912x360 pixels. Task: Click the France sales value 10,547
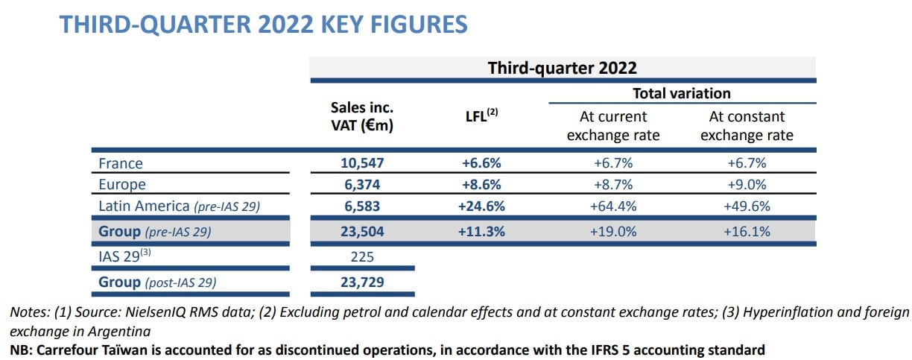point(362,163)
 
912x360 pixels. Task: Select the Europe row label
point(122,184)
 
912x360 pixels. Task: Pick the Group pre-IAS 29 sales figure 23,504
point(362,231)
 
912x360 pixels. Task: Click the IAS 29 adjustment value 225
point(362,257)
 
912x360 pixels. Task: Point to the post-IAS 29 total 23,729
point(362,282)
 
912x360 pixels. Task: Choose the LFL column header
point(481,116)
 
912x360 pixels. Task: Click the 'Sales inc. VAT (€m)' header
point(362,116)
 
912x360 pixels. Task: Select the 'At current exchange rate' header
point(612,126)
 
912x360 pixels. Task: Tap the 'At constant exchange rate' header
point(747,126)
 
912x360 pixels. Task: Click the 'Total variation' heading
point(681,93)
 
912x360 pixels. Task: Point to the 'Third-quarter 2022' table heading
point(562,68)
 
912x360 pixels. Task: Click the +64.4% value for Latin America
point(612,206)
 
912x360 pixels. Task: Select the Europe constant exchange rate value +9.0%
point(747,184)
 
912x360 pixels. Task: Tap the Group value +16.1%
point(747,231)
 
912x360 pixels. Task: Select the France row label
point(121,163)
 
